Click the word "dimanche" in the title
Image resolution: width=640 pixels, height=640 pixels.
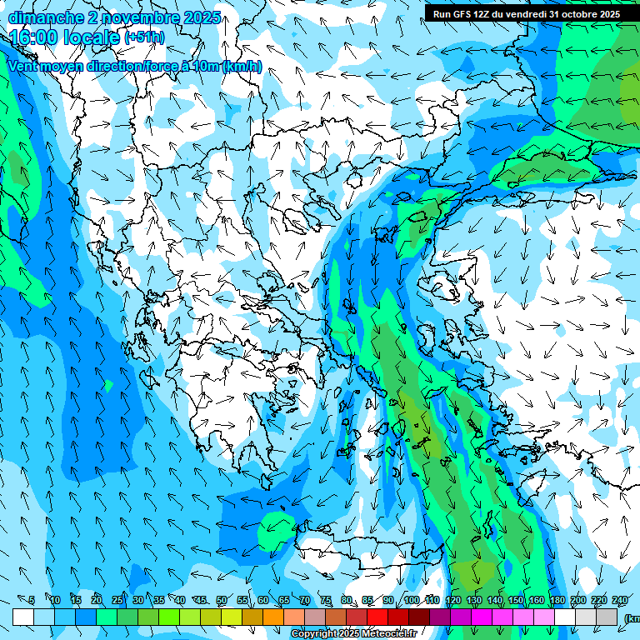tap(45, 17)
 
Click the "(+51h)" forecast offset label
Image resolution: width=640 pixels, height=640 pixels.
tap(144, 37)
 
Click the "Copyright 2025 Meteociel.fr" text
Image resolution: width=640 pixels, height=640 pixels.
tap(354, 634)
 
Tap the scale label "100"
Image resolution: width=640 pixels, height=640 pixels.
tap(411, 601)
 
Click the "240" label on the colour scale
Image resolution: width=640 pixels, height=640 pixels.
tap(619, 601)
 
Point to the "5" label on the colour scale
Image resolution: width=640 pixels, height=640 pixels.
tap(32, 601)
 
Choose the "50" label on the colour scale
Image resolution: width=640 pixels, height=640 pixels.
tap(222, 601)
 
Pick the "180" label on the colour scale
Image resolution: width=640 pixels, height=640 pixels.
tap(556, 601)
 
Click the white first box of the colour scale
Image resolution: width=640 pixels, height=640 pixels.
tap(23, 617)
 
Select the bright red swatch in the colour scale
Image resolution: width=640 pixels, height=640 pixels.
tap(377, 617)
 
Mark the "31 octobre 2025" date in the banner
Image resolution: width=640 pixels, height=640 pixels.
tap(583, 13)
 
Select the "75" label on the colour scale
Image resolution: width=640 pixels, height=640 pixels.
tap(326, 601)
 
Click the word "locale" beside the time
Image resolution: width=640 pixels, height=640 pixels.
tap(91, 37)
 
